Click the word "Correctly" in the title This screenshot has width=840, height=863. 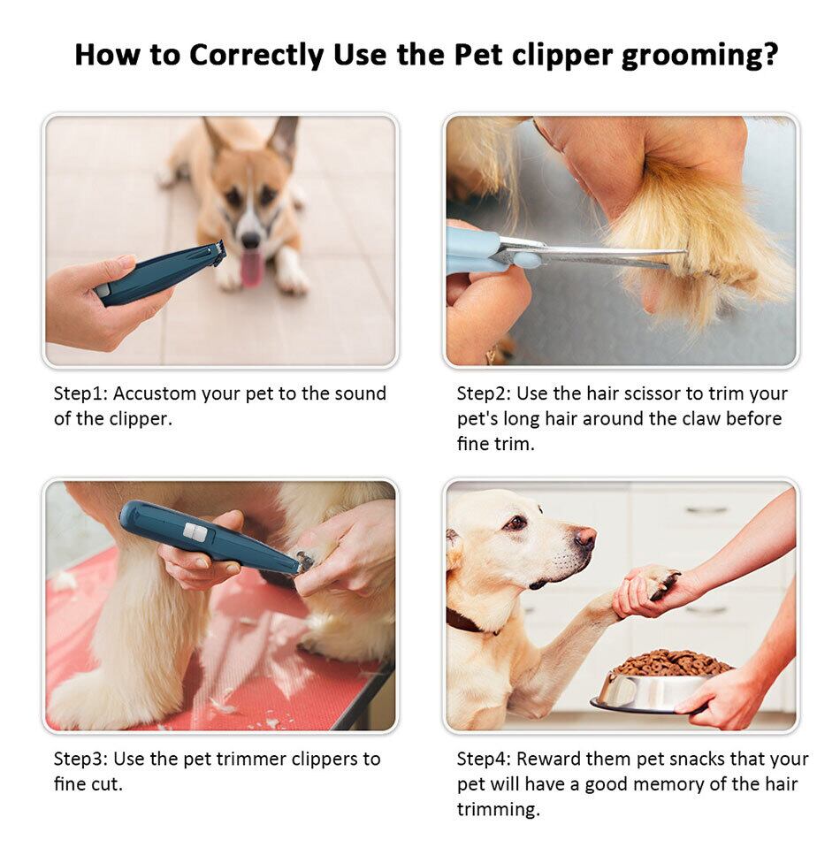point(256,56)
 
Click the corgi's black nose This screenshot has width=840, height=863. point(251,240)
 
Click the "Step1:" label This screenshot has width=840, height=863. point(81,394)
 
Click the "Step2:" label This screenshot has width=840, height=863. point(485,394)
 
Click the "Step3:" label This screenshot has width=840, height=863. point(81,760)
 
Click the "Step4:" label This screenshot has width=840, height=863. point(485,760)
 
